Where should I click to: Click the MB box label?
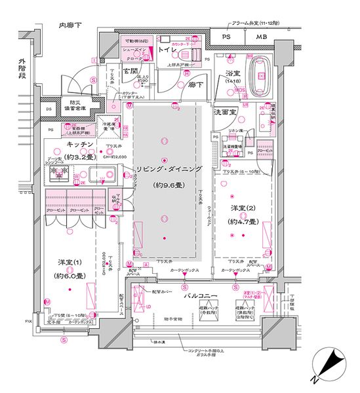click(x=262, y=37)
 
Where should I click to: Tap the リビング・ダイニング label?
click(x=166, y=169)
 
